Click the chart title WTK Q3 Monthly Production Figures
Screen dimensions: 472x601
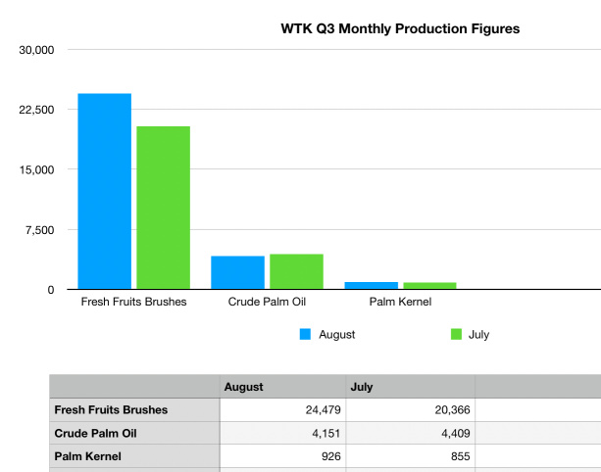click(400, 28)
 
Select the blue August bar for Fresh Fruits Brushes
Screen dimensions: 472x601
click(105, 192)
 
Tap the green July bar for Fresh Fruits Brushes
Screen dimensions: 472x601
click(163, 208)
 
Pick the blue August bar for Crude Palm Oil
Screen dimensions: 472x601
click(238, 272)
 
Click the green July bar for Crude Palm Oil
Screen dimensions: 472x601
click(296, 271)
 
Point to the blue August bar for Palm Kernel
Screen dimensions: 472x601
click(372, 285)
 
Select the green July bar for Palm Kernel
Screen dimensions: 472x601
click(429, 286)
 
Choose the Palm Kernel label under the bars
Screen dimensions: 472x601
click(400, 302)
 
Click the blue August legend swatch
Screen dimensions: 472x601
click(305, 335)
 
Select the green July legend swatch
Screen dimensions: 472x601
click(456, 335)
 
